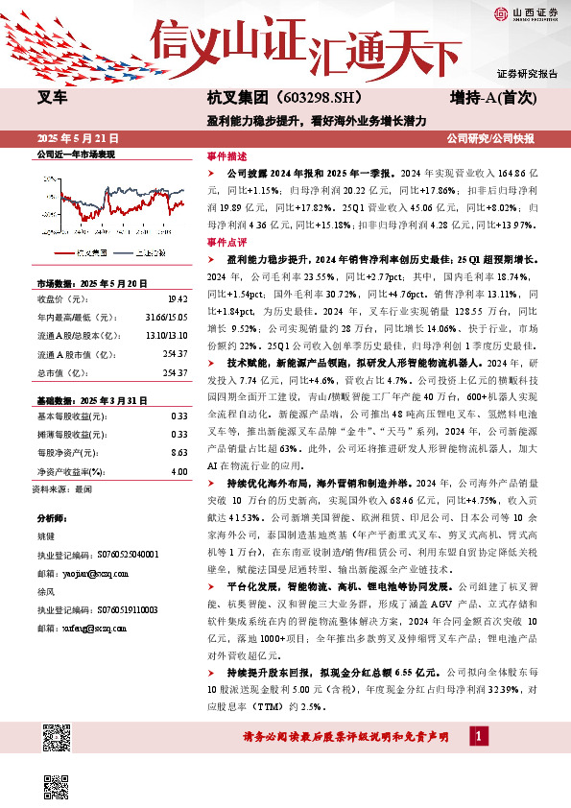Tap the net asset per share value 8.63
tap(178, 450)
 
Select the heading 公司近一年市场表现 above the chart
tap(75, 154)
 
